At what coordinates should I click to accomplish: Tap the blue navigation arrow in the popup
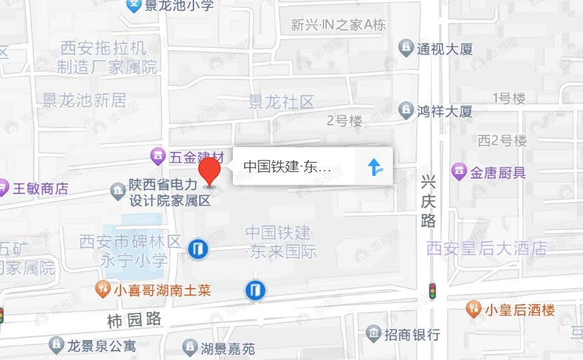tap(376, 167)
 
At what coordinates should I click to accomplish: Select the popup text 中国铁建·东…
tap(287, 167)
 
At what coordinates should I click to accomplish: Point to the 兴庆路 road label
tap(428, 201)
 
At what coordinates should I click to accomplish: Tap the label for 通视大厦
tap(444, 49)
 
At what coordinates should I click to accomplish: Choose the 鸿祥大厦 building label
tap(444, 111)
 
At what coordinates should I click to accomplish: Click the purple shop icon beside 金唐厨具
tap(459, 172)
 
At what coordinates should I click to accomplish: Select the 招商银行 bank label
tap(412, 333)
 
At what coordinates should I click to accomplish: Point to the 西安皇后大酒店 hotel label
tap(486, 249)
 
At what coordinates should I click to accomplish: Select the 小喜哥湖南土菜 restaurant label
tap(161, 290)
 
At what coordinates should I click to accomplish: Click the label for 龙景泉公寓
tap(101, 345)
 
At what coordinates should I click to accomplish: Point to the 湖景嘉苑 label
tap(227, 347)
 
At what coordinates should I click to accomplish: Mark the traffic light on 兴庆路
tap(432, 291)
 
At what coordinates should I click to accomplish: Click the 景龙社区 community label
tap(281, 102)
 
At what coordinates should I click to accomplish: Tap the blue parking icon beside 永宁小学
tap(197, 249)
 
